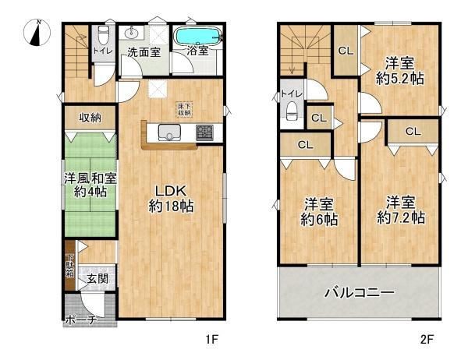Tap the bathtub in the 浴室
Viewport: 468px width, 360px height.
click(x=197, y=37)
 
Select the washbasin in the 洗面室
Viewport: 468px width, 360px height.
click(x=131, y=34)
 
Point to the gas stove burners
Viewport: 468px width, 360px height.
click(x=204, y=132)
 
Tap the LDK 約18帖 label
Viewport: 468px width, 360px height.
click(x=171, y=199)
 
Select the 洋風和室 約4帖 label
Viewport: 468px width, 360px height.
click(x=90, y=185)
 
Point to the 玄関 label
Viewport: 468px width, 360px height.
click(x=97, y=278)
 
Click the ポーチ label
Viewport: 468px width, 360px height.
click(x=81, y=319)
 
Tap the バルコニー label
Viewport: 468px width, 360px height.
click(x=359, y=294)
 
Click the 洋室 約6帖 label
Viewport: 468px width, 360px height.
click(x=321, y=212)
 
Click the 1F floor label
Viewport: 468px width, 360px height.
click(x=210, y=340)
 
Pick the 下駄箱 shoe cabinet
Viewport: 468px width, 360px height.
click(x=69, y=271)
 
